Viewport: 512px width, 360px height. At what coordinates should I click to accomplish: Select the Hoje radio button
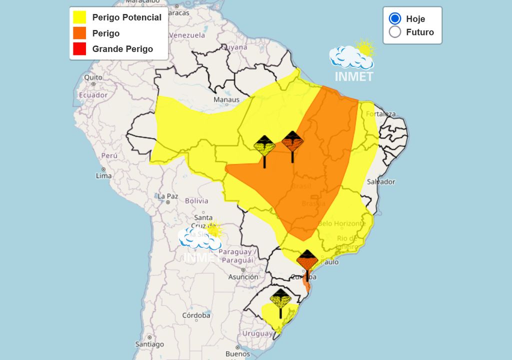tap(395, 19)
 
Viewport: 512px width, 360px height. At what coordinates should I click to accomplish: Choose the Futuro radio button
tap(395, 32)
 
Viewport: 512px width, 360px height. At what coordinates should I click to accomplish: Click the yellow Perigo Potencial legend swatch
tap(79, 17)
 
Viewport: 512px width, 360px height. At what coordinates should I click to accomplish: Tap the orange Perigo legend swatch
tap(79, 33)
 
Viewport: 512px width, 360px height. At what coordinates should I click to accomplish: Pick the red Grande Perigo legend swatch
tap(79, 49)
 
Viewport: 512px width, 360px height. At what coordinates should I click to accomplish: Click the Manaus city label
tap(226, 100)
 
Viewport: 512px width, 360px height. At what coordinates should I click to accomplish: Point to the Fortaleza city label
tap(380, 114)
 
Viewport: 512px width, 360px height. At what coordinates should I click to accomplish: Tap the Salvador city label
tap(380, 182)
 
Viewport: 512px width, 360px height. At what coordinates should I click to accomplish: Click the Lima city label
tap(103, 175)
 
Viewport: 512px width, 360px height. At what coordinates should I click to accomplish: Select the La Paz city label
tap(167, 196)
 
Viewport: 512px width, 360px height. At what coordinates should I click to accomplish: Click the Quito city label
tap(93, 77)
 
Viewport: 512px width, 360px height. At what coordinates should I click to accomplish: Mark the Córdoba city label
tap(196, 315)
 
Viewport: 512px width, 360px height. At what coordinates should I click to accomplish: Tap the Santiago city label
tap(149, 344)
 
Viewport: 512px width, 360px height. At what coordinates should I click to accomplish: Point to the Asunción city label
tap(243, 277)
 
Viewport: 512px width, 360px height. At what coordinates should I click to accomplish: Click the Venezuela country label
tap(187, 35)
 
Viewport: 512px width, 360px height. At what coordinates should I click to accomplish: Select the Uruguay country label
tap(257, 333)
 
